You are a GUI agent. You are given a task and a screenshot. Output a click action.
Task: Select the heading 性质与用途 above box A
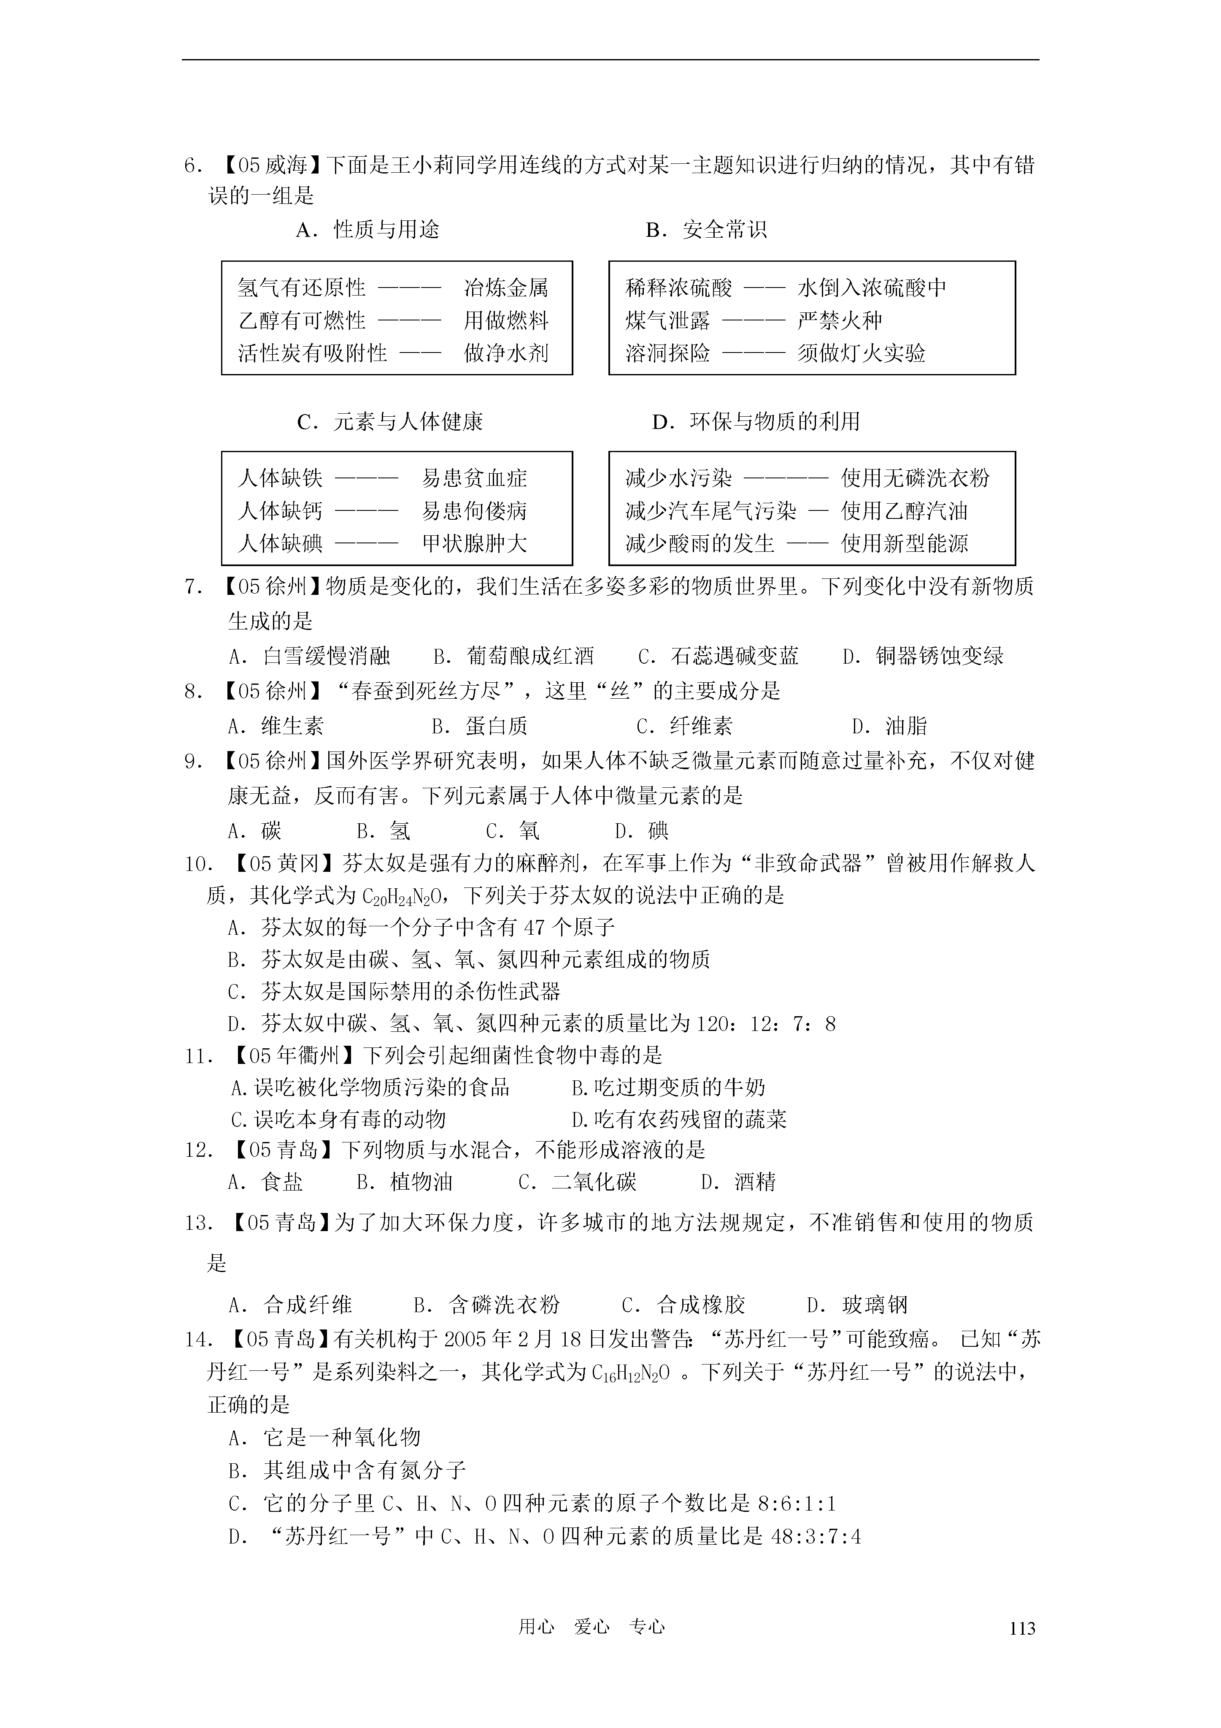(x=386, y=230)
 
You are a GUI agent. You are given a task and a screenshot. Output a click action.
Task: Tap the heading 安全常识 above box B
(x=725, y=230)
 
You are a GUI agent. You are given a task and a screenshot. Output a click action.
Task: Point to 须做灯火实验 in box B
(x=862, y=353)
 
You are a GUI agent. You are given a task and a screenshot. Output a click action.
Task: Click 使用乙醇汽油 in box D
(x=904, y=511)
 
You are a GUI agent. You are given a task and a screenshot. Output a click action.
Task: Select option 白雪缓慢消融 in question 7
(x=327, y=656)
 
